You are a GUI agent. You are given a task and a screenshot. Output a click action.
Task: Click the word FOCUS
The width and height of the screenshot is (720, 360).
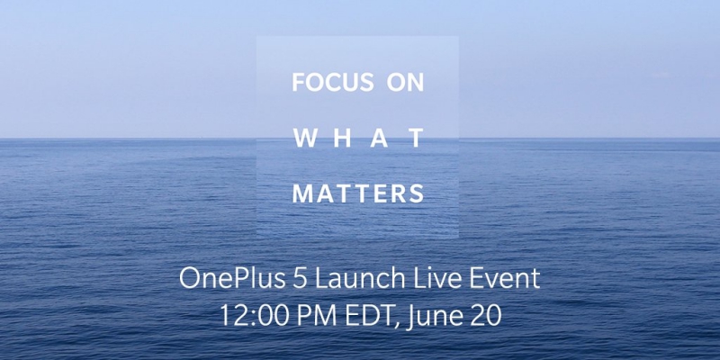[x=333, y=82]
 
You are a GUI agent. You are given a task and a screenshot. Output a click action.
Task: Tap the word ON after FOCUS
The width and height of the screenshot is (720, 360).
[x=405, y=82]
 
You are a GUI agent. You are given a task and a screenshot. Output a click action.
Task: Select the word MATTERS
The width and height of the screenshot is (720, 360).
[x=358, y=193]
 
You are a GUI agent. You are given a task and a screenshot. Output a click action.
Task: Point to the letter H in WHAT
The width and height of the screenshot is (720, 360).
[x=342, y=138]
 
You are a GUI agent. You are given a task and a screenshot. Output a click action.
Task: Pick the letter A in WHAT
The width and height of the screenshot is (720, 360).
[x=379, y=138]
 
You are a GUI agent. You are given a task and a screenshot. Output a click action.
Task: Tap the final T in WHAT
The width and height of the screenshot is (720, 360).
[x=416, y=138]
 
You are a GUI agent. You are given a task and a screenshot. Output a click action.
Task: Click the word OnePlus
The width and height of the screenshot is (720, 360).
[x=232, y=280]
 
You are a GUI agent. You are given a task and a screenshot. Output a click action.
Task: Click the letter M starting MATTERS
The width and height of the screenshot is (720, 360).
[x=302, y=193]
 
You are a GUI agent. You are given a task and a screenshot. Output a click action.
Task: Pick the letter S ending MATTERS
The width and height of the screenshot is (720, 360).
[x=417, y=193]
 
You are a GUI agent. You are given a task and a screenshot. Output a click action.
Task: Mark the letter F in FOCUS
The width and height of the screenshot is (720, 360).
[x=298, y=82]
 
